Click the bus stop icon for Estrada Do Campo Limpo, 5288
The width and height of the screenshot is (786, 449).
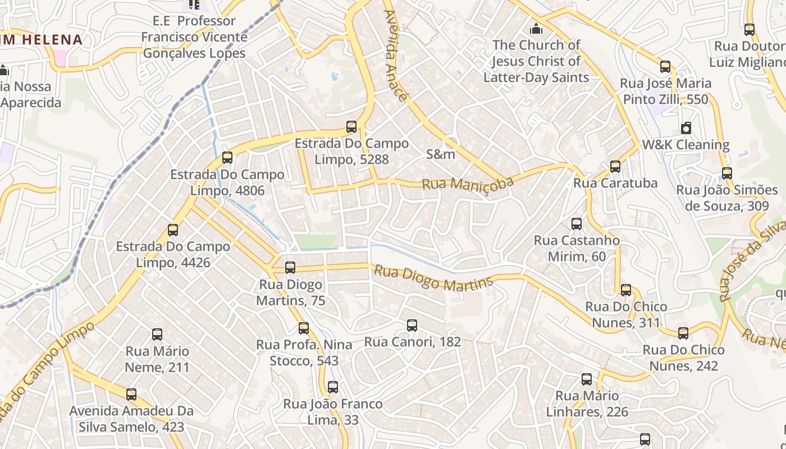[x=351, y=127]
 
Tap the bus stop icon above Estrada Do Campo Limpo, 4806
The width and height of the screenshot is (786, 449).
[x=227, y=158]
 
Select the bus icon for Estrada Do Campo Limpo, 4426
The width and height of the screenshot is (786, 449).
[x=173, y=230]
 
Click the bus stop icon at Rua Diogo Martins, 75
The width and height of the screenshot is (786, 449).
[x=290, y=268]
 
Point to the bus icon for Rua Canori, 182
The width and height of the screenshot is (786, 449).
[x=412, y=326]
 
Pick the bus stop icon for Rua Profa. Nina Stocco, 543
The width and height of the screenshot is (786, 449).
[x=304, y=328]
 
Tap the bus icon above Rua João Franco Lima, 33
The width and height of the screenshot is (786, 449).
[x=333, y=387]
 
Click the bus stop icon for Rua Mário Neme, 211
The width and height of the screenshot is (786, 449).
[x=157, y=335]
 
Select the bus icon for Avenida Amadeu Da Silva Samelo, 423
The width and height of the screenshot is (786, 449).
[x=131, y=395]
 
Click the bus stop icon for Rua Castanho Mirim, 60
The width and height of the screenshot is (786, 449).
[x=577, y=224]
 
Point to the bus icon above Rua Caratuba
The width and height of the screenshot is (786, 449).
[x=615, y=167]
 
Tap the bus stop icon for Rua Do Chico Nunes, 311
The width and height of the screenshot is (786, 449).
[x=626, y=290]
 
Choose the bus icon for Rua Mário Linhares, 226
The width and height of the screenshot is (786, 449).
[x=587, y=379]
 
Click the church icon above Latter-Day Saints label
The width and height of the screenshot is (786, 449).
[x=536, y=28]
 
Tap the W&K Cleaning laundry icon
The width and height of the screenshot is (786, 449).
[x=686, y=128]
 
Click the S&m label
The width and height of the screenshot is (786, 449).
[x=441, y=154]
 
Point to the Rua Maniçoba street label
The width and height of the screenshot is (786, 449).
[x=468, y=183]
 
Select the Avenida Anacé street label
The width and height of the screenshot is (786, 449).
[x=395, y=55]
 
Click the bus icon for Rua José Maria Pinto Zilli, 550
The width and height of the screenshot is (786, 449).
[x=665, y=67]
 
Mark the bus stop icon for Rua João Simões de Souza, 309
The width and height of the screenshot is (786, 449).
[x=727, y=173]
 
